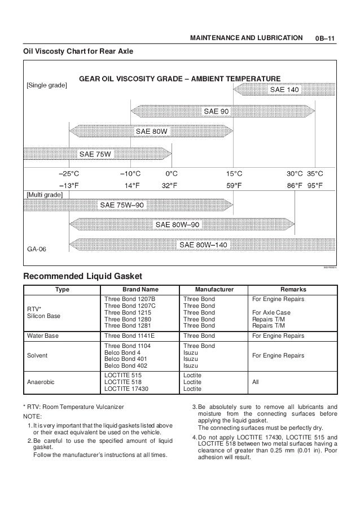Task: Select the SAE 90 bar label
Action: (216, 111)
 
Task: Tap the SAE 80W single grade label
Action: (151, 132)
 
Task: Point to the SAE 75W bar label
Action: (95, 153)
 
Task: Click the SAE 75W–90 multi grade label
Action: (123, 205)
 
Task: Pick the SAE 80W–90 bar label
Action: (178, 225)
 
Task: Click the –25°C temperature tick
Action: (69, 173)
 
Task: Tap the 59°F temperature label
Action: (235, 185)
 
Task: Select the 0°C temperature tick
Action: (171, 173)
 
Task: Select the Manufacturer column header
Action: (212, 289)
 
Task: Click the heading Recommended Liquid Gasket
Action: (82, 276)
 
